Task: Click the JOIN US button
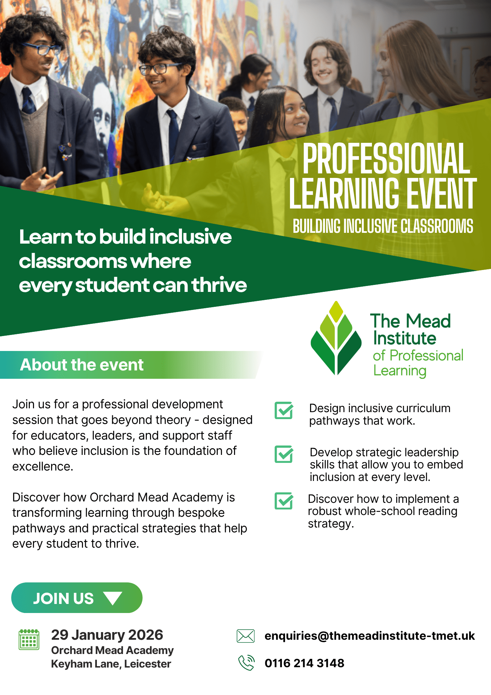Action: (77, 598)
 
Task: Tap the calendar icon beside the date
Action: (29, 639)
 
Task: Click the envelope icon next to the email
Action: (245, 636)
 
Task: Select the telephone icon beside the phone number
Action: (247, 663)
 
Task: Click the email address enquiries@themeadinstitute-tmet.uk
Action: (370, 636)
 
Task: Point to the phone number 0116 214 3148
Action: (305, 663)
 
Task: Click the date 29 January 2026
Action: (107, 635)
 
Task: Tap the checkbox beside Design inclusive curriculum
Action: (284, 410)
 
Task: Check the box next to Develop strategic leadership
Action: (284, 454)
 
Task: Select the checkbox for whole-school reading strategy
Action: (284, 501)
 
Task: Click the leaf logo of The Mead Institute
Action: (336, 338)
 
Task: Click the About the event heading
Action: (82, 365)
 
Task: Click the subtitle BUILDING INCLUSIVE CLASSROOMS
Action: (383, 226)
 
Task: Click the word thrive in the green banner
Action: (219, 285)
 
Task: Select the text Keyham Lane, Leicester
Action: (111, 664)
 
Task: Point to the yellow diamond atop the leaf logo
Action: (336, 311)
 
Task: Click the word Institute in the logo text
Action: (405, 338)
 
